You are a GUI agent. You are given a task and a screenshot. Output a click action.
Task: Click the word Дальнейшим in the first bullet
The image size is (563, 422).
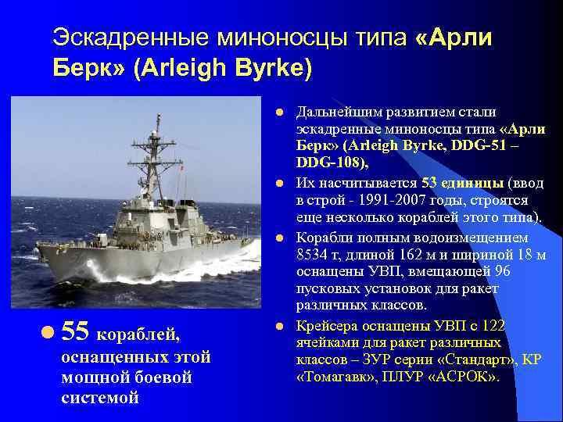(339, 112)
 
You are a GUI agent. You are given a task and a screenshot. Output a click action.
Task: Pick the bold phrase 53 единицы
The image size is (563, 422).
(462, 183)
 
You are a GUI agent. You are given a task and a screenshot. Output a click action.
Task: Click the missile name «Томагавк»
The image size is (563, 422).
(335, 377)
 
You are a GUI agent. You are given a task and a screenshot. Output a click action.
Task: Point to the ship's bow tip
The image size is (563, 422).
(39, 249)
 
